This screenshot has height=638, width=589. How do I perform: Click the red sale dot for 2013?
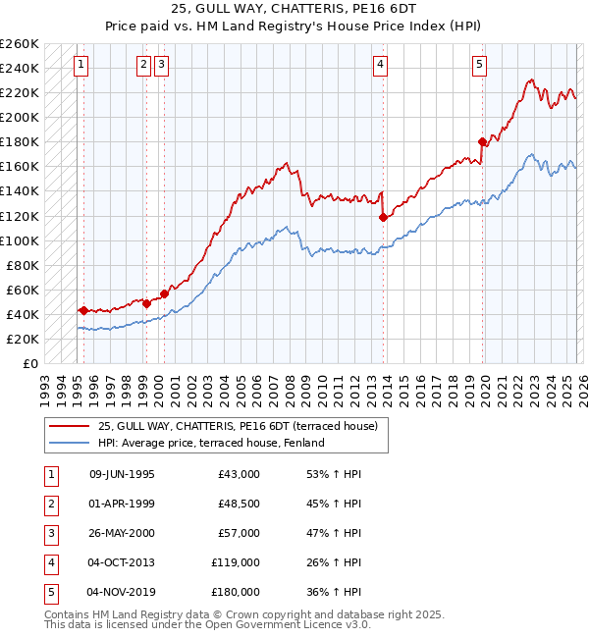coord(383,217)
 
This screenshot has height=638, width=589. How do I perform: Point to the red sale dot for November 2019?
coord(482,141)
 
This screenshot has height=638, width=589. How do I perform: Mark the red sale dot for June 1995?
coord(83,310)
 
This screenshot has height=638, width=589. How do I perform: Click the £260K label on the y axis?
coord(20,44)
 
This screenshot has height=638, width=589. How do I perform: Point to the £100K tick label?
coord(20,240)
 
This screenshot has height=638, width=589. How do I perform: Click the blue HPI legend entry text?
coord(211,443)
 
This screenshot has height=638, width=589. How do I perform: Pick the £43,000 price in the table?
coord(240,474)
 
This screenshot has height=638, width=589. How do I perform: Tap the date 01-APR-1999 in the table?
coord(122,504)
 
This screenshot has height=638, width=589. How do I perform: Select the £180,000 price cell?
coord(237,592)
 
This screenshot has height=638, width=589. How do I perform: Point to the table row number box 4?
coord(49,562)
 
